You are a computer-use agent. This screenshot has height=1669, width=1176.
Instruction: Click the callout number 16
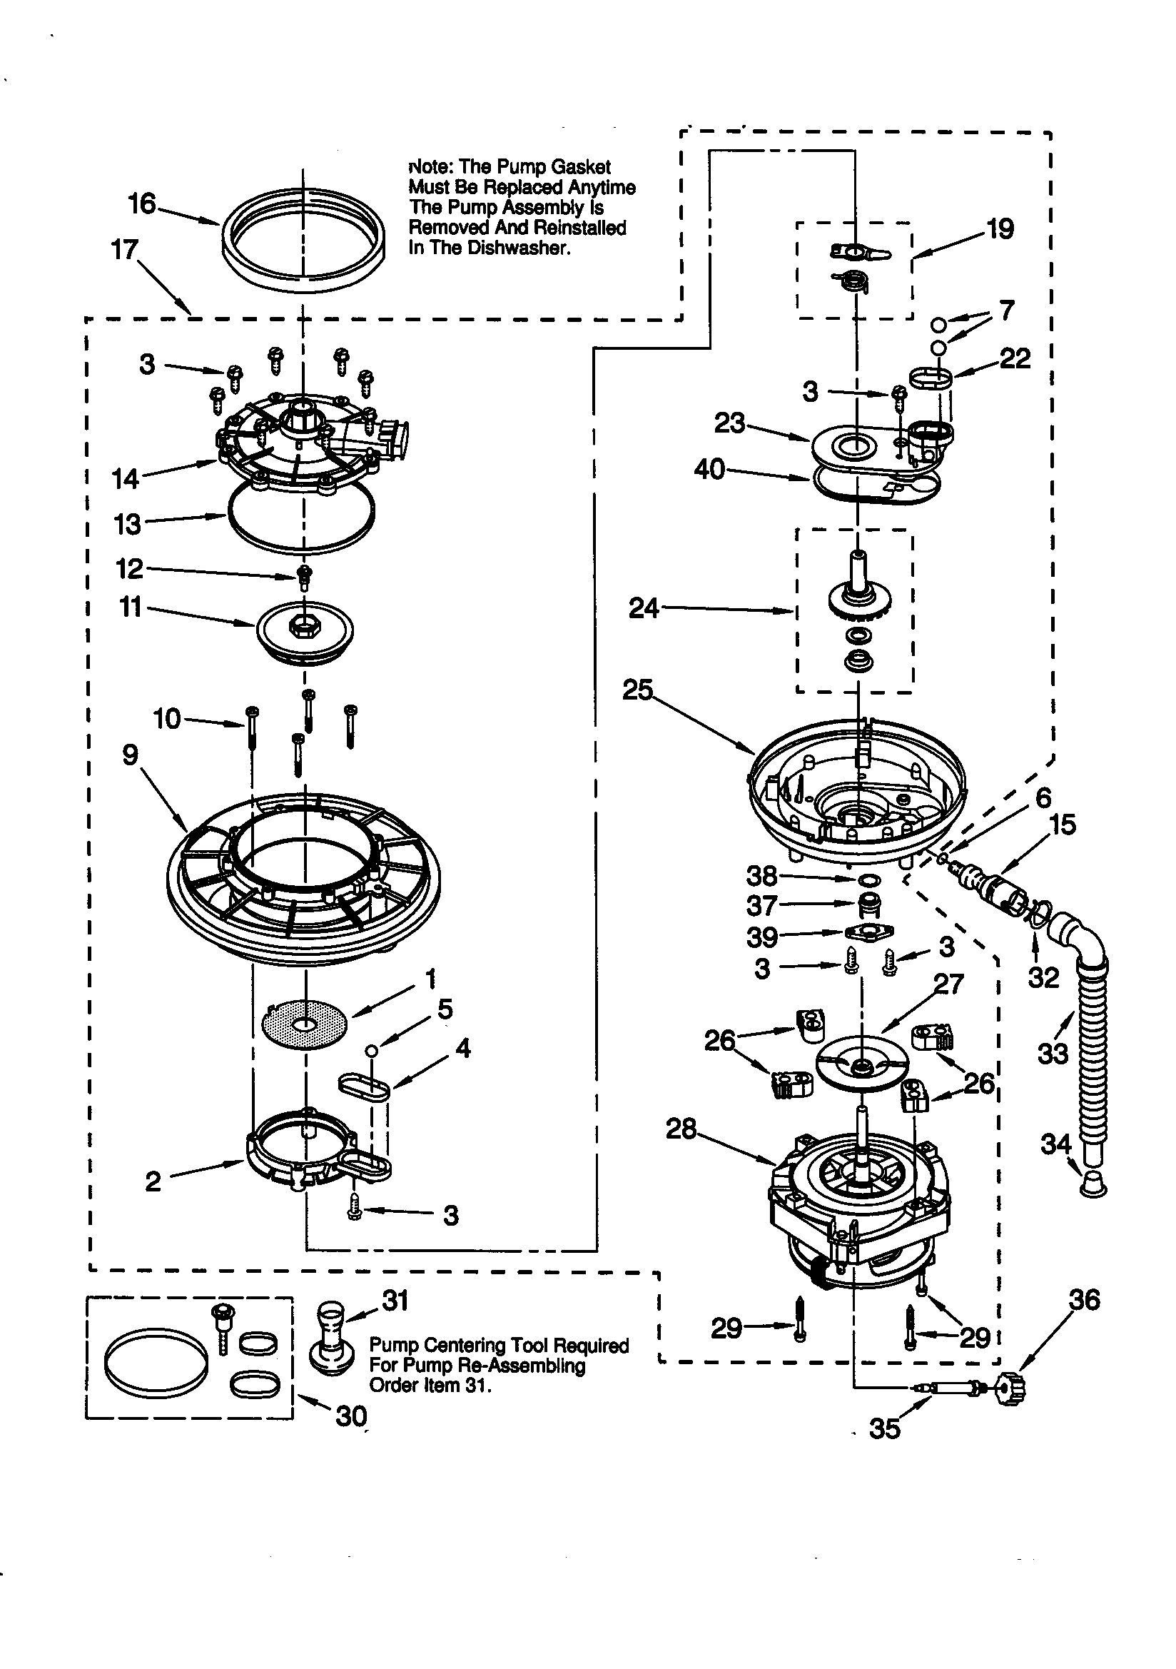tap(143, 203)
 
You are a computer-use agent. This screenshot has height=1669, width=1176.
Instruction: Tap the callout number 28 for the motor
tap(681, 1129)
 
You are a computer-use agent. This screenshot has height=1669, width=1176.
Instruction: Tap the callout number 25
tap(637, 689)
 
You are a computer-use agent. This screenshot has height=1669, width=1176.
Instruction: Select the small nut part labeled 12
tap(305, 577)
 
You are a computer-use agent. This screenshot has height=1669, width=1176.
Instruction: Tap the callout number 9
tap(130, 755)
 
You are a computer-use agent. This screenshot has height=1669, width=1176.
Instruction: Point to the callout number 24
tap(644, 607)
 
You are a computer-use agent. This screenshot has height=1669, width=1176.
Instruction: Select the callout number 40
tap(709, 469)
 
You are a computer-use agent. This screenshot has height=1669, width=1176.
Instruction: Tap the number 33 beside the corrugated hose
tap(1053, 1054)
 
